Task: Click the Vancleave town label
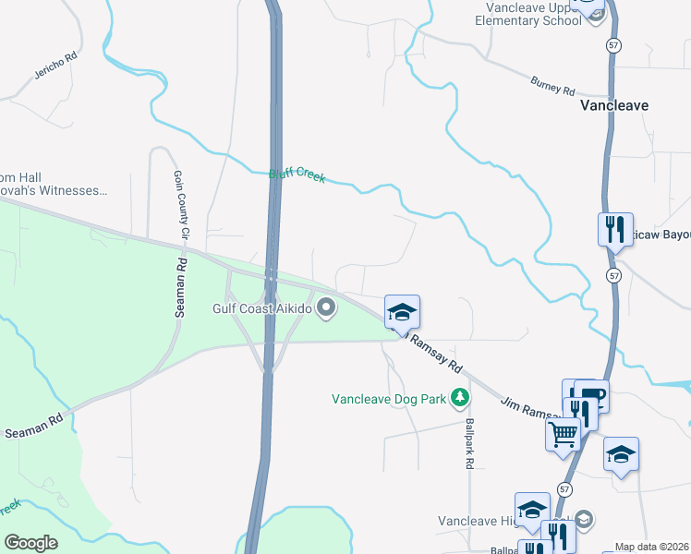(x=614, y=105)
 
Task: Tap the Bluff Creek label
(x=297, y=175)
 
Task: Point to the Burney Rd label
(x=552, y=87)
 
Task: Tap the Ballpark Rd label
(x=469, y=443)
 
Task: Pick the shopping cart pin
(x=563, y=431)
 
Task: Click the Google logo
(x=30, y=543)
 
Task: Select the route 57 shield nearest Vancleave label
(x=613, y=44)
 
